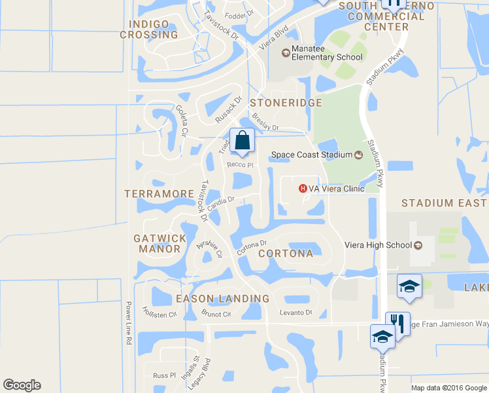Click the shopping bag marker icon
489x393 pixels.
point(242,140)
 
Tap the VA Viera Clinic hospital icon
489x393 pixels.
point(303,189)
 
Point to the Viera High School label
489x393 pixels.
point(377,246)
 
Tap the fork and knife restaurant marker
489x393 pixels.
point(397,323)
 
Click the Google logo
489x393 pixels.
point(22,385)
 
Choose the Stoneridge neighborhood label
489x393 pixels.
point(286,103)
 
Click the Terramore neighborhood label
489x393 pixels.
point(159,194)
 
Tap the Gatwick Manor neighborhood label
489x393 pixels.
point(157,244)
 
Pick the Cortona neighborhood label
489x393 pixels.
point(286,253)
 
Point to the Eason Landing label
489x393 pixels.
point(223,299)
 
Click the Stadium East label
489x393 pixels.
point(445,203)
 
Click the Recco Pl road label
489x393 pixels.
point(240,165)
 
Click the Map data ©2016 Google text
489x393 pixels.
point(448,387)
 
